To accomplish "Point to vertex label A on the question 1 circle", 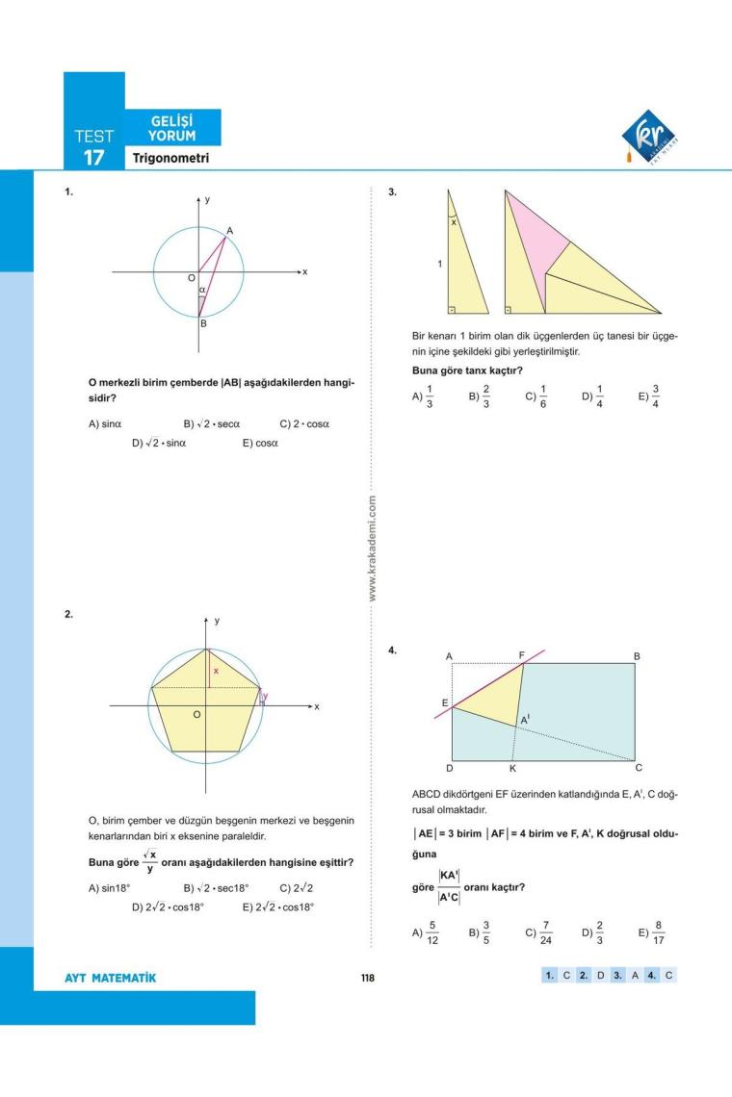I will click(x=229, y=230).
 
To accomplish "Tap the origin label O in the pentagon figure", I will click(x=196, y=714).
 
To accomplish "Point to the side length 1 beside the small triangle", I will click(x=440, y=265).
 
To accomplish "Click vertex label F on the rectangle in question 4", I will click(x=522, y=655).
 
